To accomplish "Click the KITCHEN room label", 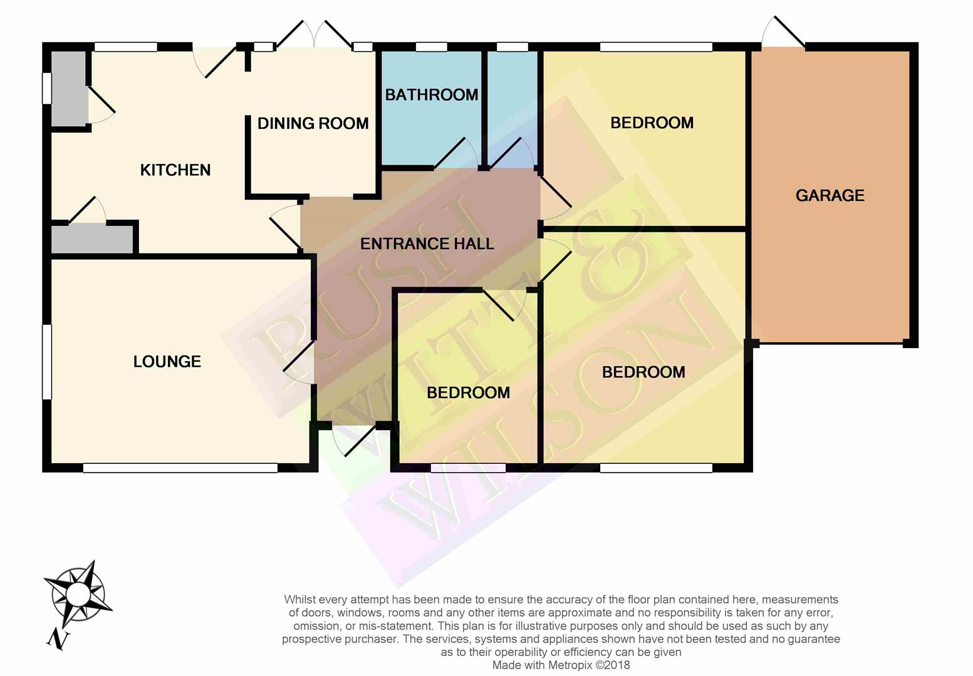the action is tap(175, 170).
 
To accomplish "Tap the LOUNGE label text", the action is tap(167, 361).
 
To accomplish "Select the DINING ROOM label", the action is tap(313, 124).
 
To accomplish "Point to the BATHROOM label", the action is tap(432, 95).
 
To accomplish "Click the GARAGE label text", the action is tap(830, 196).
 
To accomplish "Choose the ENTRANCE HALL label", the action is tap(427, 244).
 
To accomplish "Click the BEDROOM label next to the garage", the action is tap(652, 123).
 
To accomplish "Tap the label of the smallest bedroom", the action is tap(468, 392).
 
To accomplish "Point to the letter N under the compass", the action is tap(58, 640).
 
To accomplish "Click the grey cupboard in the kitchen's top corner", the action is tap(69, 88).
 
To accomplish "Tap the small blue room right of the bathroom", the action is tap(513, 108).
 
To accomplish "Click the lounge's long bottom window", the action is tap(180, 468).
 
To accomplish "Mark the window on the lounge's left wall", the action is tap(47, 361).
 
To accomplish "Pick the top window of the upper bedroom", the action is tap(657, 47).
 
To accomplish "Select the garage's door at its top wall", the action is tap(783, 32).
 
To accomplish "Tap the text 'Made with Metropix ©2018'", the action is tap(561, 665).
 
